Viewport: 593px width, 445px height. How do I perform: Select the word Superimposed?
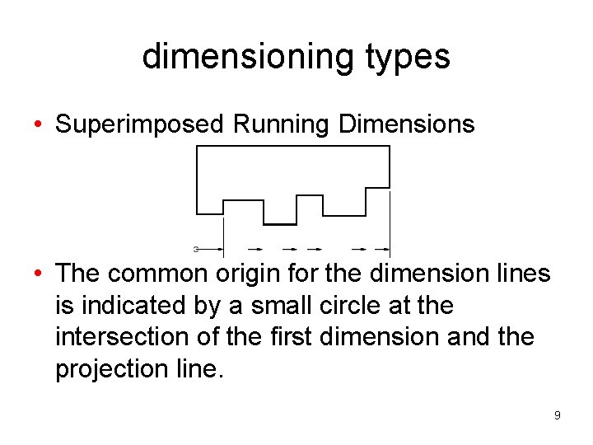point(139,124)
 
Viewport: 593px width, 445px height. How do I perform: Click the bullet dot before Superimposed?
point(39,125)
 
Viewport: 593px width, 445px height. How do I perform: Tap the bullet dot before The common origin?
point(39,273)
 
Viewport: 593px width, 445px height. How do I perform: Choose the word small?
point(284,306)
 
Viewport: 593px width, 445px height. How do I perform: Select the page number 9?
point(557,415)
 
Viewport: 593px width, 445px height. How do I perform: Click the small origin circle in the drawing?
point(196,248)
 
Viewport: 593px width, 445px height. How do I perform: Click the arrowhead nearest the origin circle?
point(220,248)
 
